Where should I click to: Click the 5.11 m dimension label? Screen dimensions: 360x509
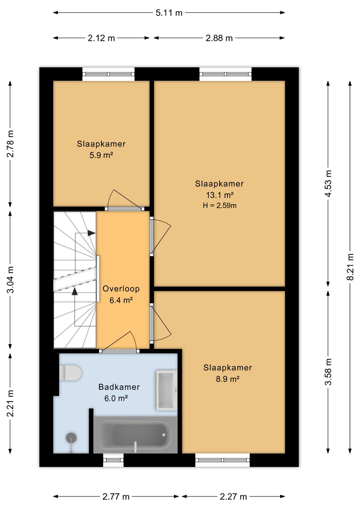(x=169, y=13)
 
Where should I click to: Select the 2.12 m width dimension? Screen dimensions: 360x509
(x=101, y=38)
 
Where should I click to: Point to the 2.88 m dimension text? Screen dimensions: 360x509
(x=219, y=38)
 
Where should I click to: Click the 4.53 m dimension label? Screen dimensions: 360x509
(x=328, y=183)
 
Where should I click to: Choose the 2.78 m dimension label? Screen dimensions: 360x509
(x=10, y=144)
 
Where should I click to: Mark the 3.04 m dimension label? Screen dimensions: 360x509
(x=10, y=280)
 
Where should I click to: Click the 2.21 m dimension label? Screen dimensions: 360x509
(x=10, y=403)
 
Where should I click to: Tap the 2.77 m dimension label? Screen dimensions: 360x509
(x=116, y=497)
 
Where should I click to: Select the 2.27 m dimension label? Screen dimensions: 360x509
(x=233, y=497)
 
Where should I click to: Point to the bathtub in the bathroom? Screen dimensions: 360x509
(x=135, y=434)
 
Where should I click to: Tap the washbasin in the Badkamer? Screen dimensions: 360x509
(x=166, y=390)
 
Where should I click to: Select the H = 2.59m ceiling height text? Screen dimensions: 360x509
(x=220, y=206)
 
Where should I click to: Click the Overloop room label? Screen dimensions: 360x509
(x=121, y=289)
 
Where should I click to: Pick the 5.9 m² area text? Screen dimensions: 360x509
(x=101, y=155)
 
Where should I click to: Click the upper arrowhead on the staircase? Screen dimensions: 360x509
(x=92, y=233)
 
